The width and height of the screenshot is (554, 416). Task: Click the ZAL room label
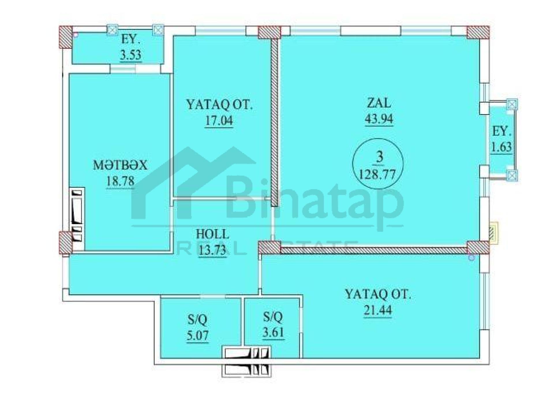[379, 103]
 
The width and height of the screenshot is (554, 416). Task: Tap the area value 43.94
[379, 119]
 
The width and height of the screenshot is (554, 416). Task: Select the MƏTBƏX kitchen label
[120, 165]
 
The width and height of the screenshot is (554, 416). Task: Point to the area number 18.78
[120, 181]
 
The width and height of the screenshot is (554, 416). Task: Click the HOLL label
[212, 234]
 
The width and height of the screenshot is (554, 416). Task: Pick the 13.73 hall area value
[212, 250]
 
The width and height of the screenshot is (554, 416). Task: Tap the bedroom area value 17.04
[219, 120]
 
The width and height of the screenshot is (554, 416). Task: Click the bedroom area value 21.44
[378, 310]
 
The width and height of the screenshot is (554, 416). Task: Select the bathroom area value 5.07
[198, 336]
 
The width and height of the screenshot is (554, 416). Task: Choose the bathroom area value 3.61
[273, 333]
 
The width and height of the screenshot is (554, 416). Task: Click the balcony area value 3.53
[131, 55]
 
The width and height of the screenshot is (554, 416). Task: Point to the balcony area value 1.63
[501, 147]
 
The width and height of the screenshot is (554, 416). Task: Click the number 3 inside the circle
[379, 157]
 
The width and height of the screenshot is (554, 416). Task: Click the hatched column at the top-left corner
[65, 37]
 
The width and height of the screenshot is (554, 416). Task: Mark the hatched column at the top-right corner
[478, 32]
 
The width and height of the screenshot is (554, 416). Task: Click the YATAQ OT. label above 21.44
[378, 294]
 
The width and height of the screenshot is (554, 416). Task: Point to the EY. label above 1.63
[501, 131]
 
